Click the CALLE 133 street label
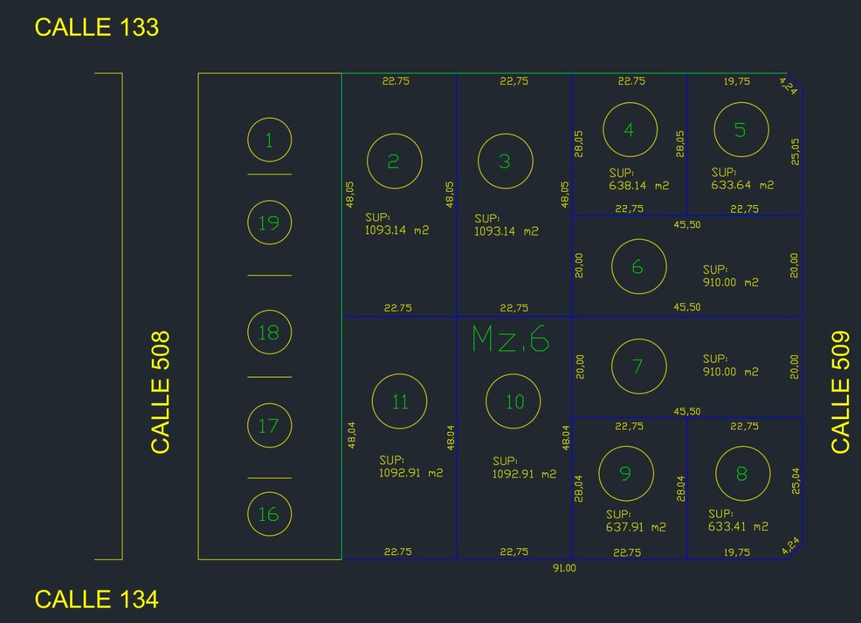click(x=96, y=28)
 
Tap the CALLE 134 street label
click(x=96, y=599)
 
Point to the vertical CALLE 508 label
click(x=160, y=392)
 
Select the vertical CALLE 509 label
click(x=840, y=392)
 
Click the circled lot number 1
click(x=270, y=140)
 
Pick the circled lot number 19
click(x=270, y=223)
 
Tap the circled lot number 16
click(x=270, y=514)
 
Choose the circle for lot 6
click(x=639, y=266)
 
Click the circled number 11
click(x=400, y=401)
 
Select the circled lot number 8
click(x=743, y=474)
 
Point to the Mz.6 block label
click(x=511, y=339)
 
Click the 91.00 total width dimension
click(x=564, y=568)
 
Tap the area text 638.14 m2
click(x=639, y=186)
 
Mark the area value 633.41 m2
click(x=738, y=527)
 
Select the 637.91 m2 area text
click(x=636, y=527)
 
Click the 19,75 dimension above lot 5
click(x=737, y=81)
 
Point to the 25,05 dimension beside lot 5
click(x=795, y=152)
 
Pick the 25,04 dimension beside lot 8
click(x=795, y=481)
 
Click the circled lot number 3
click(x=505, y=161)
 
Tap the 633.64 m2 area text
click(x=742, y=186)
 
